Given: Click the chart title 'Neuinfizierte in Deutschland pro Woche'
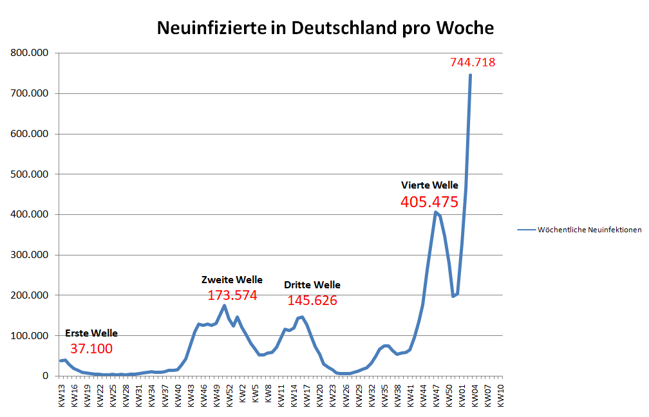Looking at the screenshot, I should click(326, 28).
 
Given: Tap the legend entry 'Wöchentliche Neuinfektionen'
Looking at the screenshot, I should click(588, 230).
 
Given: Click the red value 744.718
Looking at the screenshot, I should click(473, 62).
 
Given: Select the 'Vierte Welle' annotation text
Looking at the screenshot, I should click(429, 185).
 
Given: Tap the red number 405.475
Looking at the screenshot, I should click(429, 202).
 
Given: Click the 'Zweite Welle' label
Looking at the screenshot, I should click(232, 280).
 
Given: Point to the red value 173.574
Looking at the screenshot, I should click(232, 296).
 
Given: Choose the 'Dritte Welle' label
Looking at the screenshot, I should click(312, 285).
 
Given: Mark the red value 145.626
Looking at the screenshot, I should click(312, 301).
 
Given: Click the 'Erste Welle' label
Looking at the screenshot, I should click(91, 333).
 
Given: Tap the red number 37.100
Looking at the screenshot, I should click(91, 349).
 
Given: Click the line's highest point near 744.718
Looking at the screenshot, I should click(470, 75).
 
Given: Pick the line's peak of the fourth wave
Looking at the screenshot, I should click(436, 212).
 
